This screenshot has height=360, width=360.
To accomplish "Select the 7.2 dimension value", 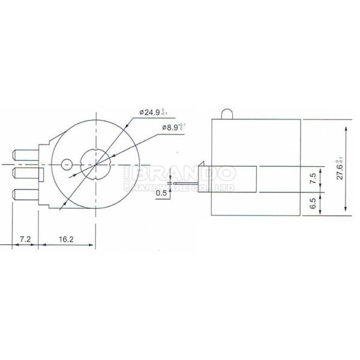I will pyautogui.click(x=25, y=238).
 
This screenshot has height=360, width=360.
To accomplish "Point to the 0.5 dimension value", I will pyautogui.click(x=161, y=193).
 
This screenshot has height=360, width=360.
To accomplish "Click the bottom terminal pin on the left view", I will pyautogui.click(x=25, y=194).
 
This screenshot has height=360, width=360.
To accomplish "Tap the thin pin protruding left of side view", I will pyautogui.click(x=187, y=184).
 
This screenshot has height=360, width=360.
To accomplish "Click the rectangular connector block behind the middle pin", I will pyautogui.click(x=41, y=175).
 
